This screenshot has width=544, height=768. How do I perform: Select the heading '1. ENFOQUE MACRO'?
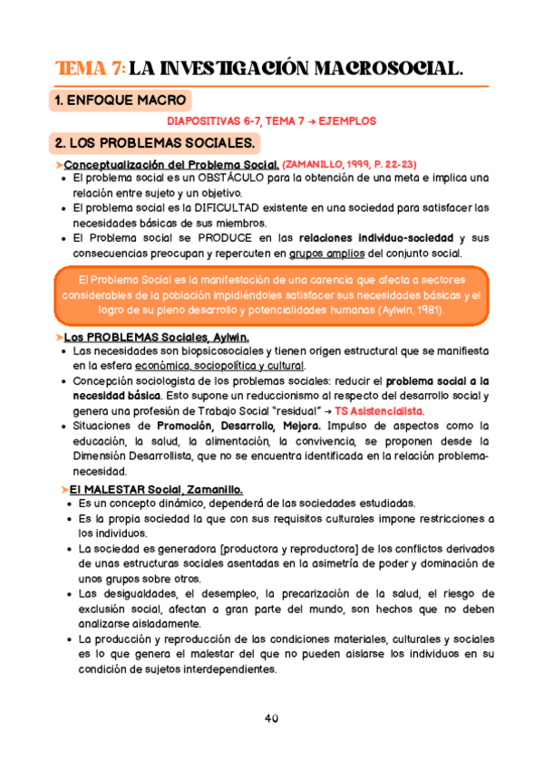121,101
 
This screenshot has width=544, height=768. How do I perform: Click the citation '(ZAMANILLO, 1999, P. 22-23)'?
350,164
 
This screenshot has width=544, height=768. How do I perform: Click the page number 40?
271,718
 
